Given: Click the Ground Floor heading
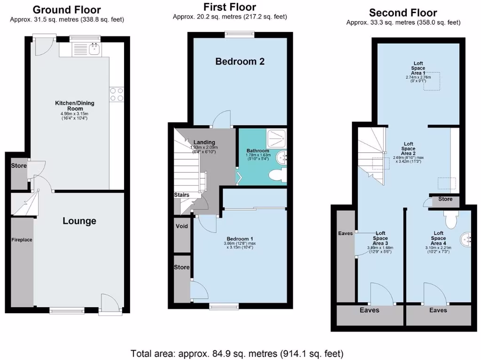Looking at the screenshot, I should pos(67,9).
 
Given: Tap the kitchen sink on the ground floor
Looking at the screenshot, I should pos(95,48).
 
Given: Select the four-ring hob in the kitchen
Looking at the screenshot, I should pos(116,94).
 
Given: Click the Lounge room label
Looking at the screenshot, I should pos(79,221).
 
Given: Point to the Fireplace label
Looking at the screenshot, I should pos(22,240).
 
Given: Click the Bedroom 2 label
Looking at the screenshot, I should pos(240,61).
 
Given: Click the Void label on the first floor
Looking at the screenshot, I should pos(181,226).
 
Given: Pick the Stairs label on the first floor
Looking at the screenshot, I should pos(181,195).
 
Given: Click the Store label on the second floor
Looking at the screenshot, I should pos(445,199).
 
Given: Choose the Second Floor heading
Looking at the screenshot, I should pos(403,13).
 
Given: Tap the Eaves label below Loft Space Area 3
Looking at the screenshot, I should pos(369,310).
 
